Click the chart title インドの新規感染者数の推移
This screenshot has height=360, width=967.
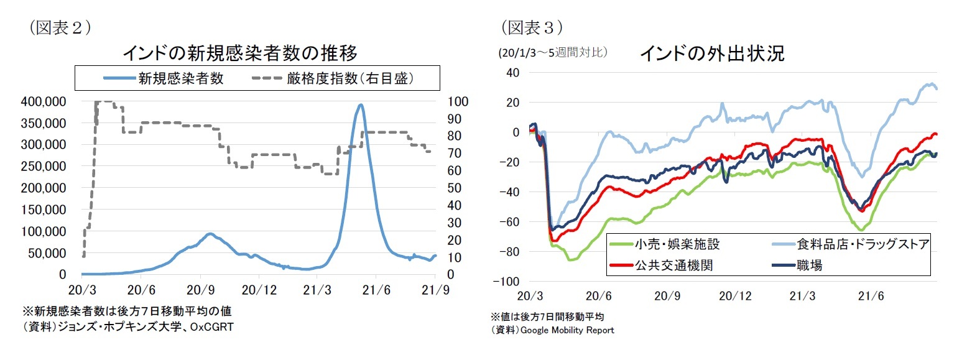[239, 53]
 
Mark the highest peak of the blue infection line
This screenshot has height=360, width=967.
[360, 105]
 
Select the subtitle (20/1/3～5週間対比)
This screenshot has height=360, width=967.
[553, 53]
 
